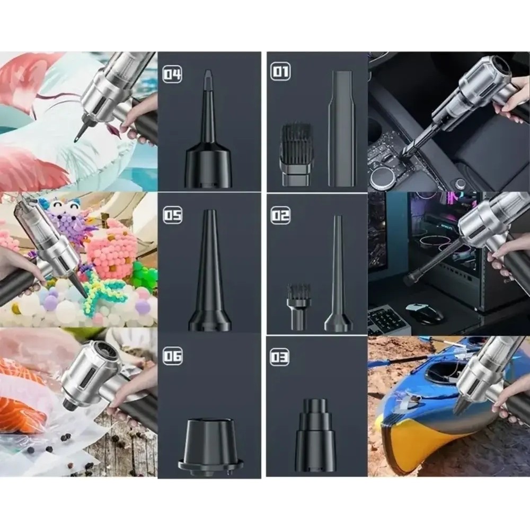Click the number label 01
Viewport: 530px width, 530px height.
[280, 72]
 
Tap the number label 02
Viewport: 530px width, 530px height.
[280, 215]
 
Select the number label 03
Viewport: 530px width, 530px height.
[279, 357]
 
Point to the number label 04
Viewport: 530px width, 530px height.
[172, 74]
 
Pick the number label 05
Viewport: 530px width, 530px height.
[173, 215]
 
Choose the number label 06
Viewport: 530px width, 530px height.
[173, 356]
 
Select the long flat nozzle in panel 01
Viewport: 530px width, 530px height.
[342, 128]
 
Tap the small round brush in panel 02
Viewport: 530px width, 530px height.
[298, 307]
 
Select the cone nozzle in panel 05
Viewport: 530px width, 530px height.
[209, 270]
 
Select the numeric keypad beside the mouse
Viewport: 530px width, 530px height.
[385, 320]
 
